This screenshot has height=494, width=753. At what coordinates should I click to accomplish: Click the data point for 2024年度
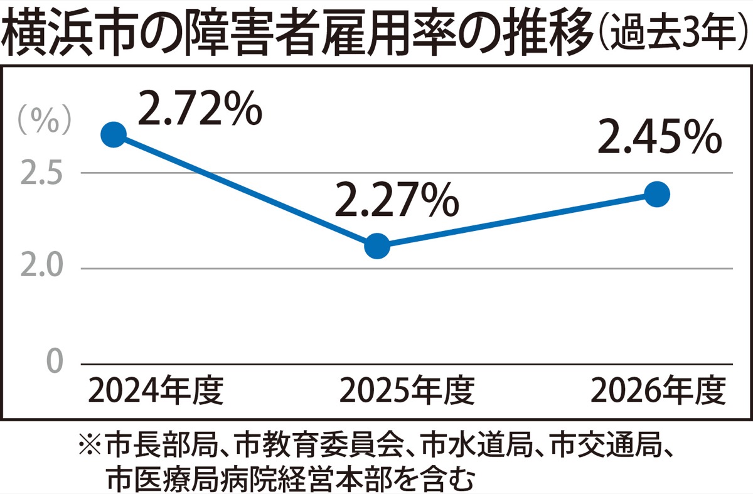(114, 135)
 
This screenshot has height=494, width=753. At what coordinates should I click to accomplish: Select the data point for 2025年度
(377, 246)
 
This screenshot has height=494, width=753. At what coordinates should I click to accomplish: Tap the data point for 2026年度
(657, 195)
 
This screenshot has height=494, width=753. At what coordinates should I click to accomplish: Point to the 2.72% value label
(200, 109)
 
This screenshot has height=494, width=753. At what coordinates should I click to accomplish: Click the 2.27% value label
(397, 199)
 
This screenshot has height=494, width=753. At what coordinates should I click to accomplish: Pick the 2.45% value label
(660, 136)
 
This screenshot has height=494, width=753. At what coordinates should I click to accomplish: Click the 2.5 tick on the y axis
(41, 173)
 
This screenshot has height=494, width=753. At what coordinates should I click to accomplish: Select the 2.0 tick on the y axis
(41, 266)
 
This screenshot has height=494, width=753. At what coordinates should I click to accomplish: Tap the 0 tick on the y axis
(55, 360)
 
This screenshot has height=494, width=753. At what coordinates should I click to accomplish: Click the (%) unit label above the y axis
(45, 120)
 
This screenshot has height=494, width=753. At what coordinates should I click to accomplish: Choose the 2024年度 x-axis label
(156, 391)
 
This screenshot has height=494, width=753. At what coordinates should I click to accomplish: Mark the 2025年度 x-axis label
(407, 391)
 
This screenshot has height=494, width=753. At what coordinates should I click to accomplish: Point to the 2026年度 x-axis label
(658, 391)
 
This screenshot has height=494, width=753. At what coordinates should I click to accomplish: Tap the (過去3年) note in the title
(672, 33)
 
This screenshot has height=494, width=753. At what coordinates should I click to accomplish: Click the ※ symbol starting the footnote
(90, 444)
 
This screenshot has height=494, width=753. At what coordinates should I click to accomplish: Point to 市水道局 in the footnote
(478, 444)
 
